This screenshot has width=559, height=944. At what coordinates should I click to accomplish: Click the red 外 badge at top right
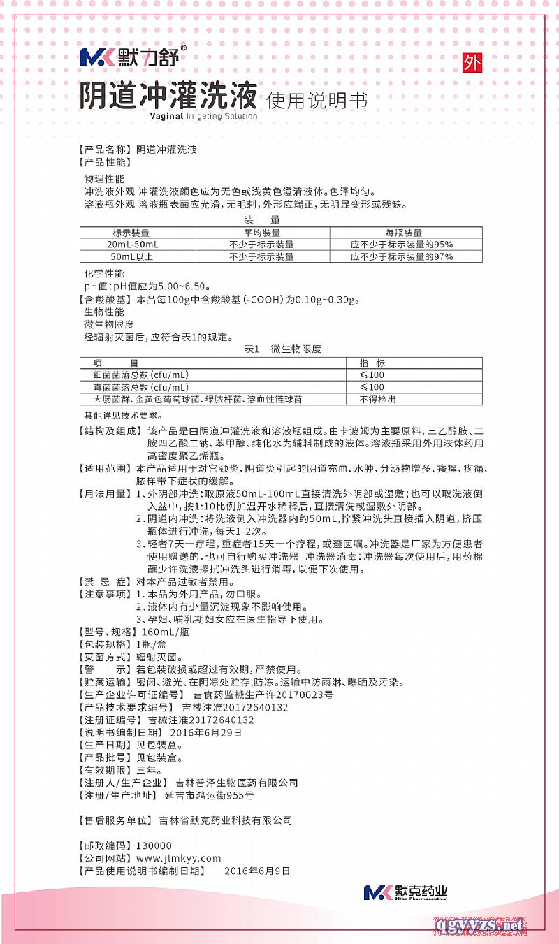click(472, 64)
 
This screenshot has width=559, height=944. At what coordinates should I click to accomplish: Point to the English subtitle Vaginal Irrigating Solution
click(203, 117)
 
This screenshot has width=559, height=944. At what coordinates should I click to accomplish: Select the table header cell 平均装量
click(261, 233)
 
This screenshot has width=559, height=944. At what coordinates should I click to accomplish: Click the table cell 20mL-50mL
click(133, 245)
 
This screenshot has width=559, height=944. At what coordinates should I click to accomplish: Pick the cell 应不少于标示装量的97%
click(402, 256)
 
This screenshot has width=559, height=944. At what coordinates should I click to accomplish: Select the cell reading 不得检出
click(377, 399)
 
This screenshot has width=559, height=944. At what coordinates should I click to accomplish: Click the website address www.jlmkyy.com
click(178, 858)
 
